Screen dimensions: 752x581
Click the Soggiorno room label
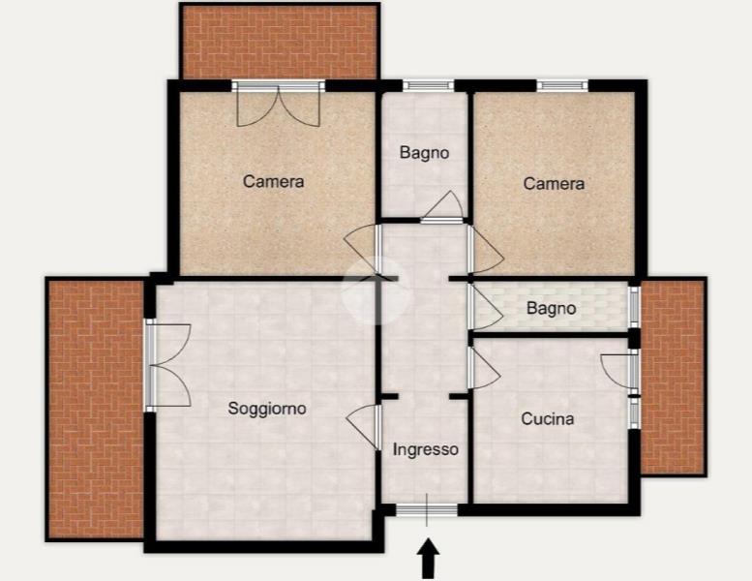(267, 409)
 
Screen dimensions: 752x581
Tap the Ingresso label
(426, 449)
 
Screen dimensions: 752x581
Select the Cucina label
(548, 419)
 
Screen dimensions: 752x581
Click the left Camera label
(273, 181)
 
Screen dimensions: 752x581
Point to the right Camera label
(554, 183)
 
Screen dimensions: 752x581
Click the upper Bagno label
(425, 153)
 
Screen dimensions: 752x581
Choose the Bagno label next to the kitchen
(551, 308)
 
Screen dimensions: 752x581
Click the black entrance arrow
(428, 558)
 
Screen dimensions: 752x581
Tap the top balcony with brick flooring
(280, 42)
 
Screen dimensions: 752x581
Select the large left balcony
(96, 409)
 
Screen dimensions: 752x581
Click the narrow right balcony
(673, 376)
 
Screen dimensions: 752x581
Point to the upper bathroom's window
(429, 85)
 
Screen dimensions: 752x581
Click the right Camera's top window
(562, 85)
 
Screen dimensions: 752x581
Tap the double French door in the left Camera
(278, 104)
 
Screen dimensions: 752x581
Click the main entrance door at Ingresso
(427, 510)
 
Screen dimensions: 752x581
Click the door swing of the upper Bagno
(443, 206)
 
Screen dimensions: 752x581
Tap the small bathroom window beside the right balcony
(635, 307)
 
